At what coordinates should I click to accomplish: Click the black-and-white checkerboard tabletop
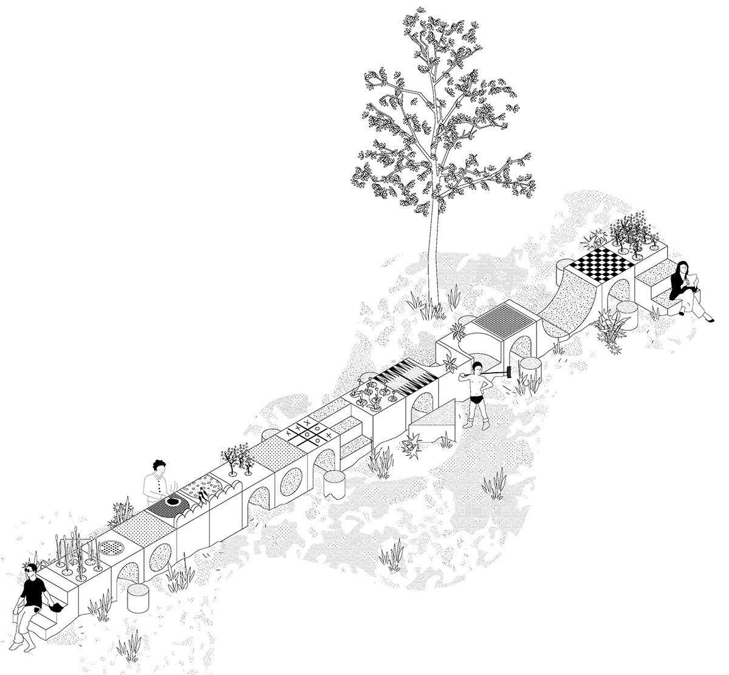pyautogui.click(x=601, y=265)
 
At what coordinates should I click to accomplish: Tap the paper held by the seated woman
pyautogui.click(x=693, y=280)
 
